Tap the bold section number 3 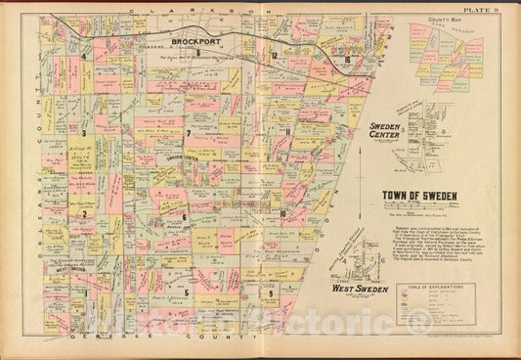(85, 132)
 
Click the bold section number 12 (278, 57)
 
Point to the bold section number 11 (287, 130)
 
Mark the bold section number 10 (282, 213)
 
